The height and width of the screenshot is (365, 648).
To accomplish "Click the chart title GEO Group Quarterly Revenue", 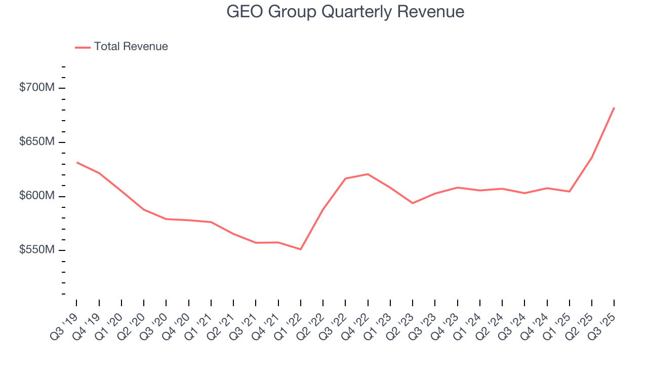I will [x=345, y=11].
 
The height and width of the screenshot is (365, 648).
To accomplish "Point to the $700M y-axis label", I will [x=36, y=88].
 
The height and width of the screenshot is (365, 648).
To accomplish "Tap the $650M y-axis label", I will [x=36, y=142].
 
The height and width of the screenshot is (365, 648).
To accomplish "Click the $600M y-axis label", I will [x=36, y=196].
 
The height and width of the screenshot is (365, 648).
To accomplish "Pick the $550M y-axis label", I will [x=36, y=250].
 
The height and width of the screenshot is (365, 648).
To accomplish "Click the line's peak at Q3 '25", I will [x=614, y=107].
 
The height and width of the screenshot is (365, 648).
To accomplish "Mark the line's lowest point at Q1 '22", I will [x=301, y=249].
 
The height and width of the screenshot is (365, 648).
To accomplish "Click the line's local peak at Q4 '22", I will [x=368, y=174].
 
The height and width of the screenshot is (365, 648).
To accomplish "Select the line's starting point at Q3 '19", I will [x=77, y=162].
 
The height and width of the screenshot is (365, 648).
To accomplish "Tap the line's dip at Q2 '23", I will [x=413, y=203].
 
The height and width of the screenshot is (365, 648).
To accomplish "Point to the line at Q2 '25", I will [x=592, y=157].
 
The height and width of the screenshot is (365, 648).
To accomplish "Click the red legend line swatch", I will [x=83, y=47].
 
